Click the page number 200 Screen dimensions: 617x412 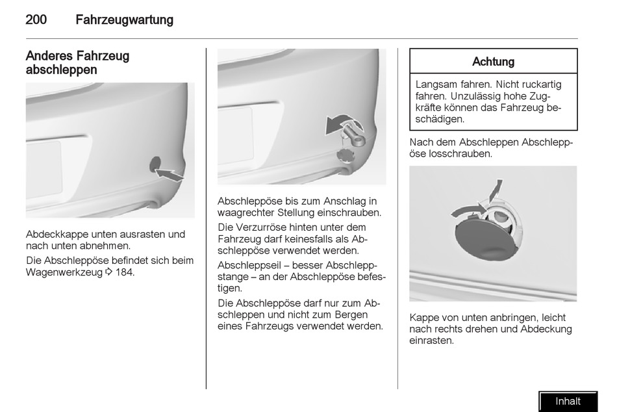36,19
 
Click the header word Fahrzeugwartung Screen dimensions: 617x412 124,19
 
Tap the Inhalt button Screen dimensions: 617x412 568,402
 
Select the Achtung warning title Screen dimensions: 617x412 493,62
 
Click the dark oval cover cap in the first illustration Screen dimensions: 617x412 155,164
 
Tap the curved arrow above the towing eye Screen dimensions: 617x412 340,123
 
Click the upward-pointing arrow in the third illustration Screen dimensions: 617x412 495,190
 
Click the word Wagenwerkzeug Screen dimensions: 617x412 64,272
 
